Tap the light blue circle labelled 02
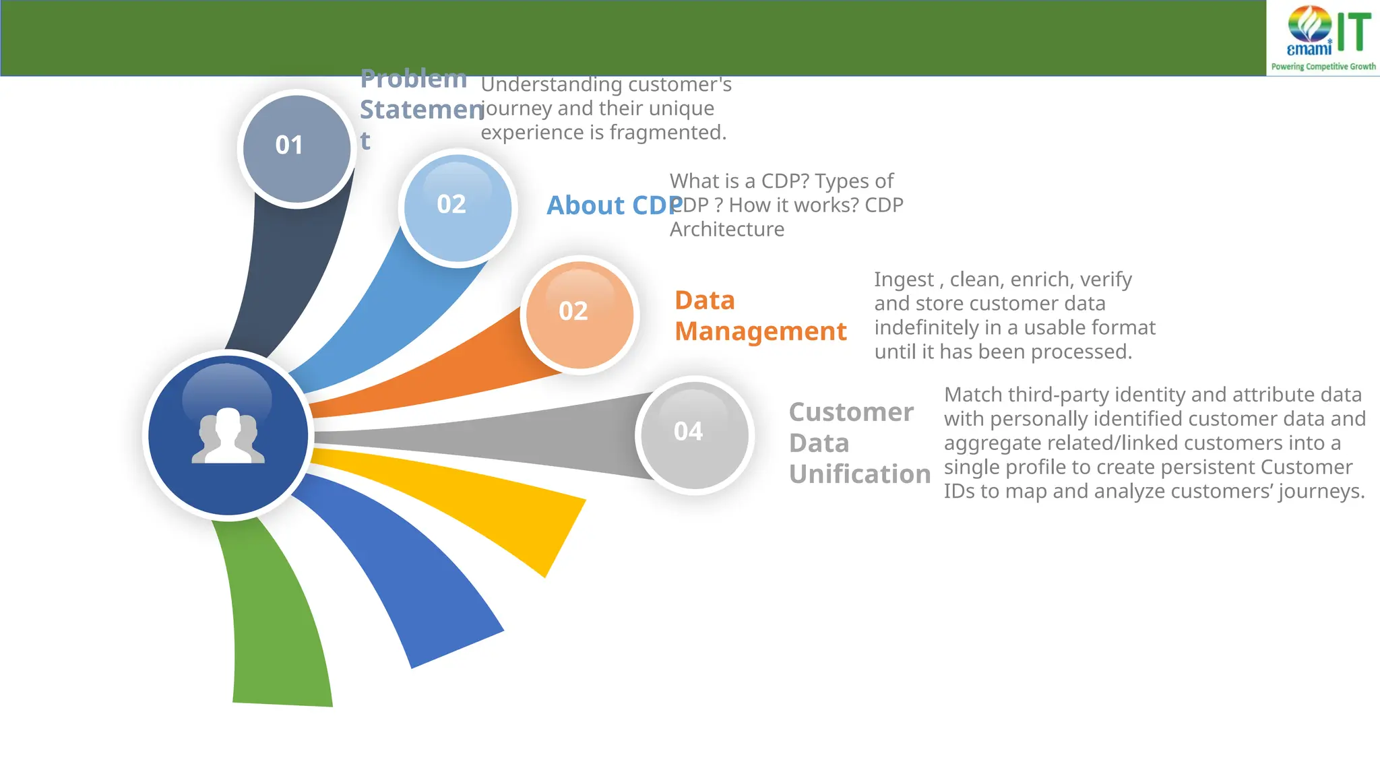pos(458,207)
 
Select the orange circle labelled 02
pos(579,315)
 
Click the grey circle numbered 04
pos(694,434)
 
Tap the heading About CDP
pos(613,205)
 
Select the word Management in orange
pos(760,331)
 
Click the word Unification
pos(859,474)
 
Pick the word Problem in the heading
pos(413,79)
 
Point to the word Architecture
pos(726,230)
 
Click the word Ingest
pos(903,280)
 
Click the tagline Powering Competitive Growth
pos(1323,67)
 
